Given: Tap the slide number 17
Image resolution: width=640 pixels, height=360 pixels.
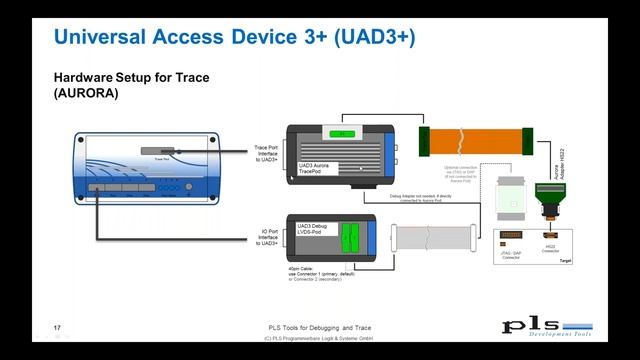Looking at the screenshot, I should (57, 328).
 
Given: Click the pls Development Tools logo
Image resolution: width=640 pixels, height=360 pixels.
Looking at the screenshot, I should (546, 328).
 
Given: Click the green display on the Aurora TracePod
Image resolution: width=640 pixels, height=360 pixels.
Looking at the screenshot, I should (343, 132).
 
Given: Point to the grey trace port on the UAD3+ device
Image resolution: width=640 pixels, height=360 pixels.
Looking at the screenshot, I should (158, 151).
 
